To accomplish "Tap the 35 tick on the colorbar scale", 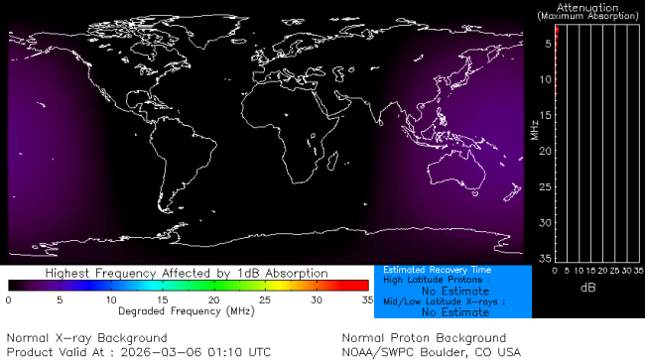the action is click(x=366, y=299).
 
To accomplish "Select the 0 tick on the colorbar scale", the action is click(x=9, y=299).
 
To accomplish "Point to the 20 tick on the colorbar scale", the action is click(x=213, y=299).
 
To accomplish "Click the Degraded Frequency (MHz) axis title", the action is click(x=188, y=310).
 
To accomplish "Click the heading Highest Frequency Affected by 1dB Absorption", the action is click(x=188, y=272).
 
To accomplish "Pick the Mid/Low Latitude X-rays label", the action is click(x=445, y=301).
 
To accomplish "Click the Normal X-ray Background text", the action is click(x=86, y=338).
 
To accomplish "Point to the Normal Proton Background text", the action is click(x=424, y=338).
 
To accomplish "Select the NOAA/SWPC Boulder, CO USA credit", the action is click(x=431, y=352).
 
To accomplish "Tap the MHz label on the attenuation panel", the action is click(x=534, y=129).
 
